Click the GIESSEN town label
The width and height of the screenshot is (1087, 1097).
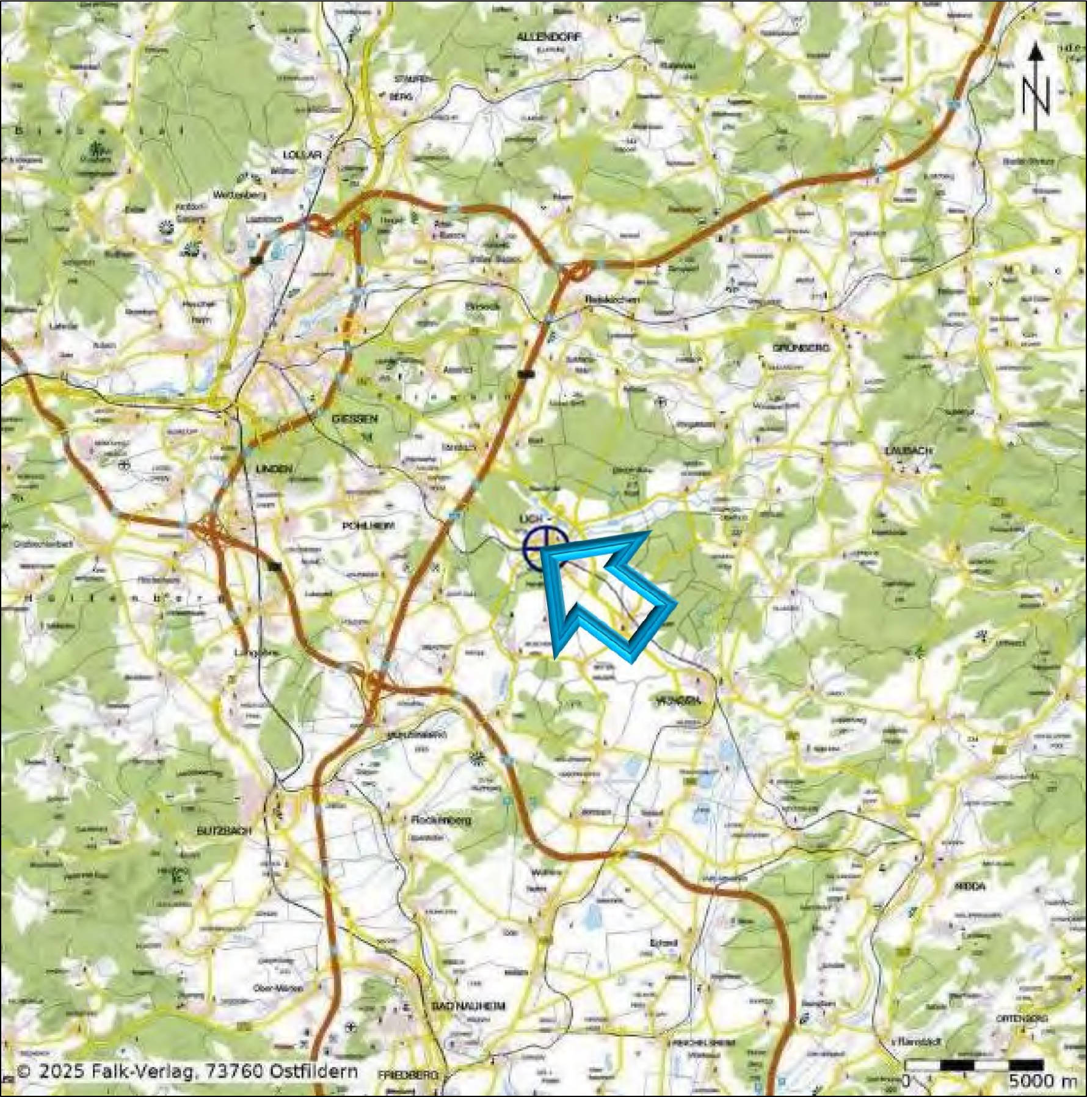coord(354,419)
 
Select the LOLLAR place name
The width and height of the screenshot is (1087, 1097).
coord(302,155)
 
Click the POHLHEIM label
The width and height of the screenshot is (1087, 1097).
coord(368,526)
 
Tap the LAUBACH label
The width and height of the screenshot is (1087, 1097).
coord(909,450)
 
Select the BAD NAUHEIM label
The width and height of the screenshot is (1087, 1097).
coord(468,1006)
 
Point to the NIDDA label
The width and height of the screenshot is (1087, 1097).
coord(972,885)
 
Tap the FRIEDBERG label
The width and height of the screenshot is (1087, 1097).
coord(408,1074)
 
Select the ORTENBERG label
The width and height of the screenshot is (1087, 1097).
coord(1022,1019)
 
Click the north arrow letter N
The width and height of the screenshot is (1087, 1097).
coord(1036,98)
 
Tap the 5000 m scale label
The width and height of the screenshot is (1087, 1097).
coord(1042,1081)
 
